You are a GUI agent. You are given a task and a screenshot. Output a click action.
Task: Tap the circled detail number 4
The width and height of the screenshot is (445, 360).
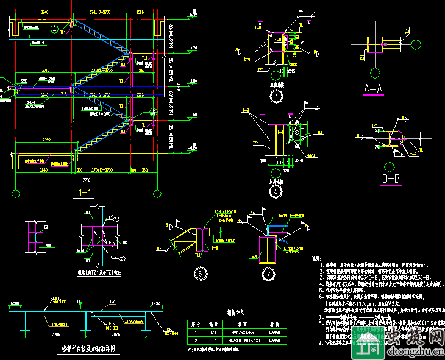click(277, 96)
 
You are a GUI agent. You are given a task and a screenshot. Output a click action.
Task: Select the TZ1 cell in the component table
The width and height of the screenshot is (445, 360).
click(214, 333)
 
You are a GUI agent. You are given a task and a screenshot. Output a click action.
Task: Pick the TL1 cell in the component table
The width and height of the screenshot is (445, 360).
click(214, 341)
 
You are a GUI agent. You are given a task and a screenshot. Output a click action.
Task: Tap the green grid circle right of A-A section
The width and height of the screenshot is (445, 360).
click(417, 43)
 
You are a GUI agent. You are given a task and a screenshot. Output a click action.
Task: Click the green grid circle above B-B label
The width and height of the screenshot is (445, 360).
click(390, 166)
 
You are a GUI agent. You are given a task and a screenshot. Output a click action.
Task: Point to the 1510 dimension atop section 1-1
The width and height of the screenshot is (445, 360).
click(141, 12)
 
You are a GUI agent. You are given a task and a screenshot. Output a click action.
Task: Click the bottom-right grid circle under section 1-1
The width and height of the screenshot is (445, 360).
click(157, 194)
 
